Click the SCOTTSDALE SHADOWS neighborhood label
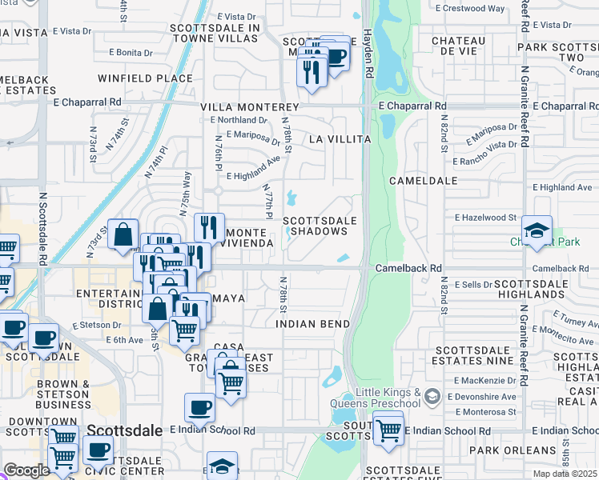click(x=319, y=226)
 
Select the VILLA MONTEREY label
click(x=249, y=107)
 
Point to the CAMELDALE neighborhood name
click(x=422, y=182)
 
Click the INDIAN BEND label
click(x=312, y=324)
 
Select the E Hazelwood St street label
click(x=486, y=218)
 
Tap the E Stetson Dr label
click(x=97, y=326)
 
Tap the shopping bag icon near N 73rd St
click(x=123, y=235)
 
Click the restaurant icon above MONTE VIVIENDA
click(x=208, y=227)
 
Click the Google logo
click(x=26, y=470)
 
